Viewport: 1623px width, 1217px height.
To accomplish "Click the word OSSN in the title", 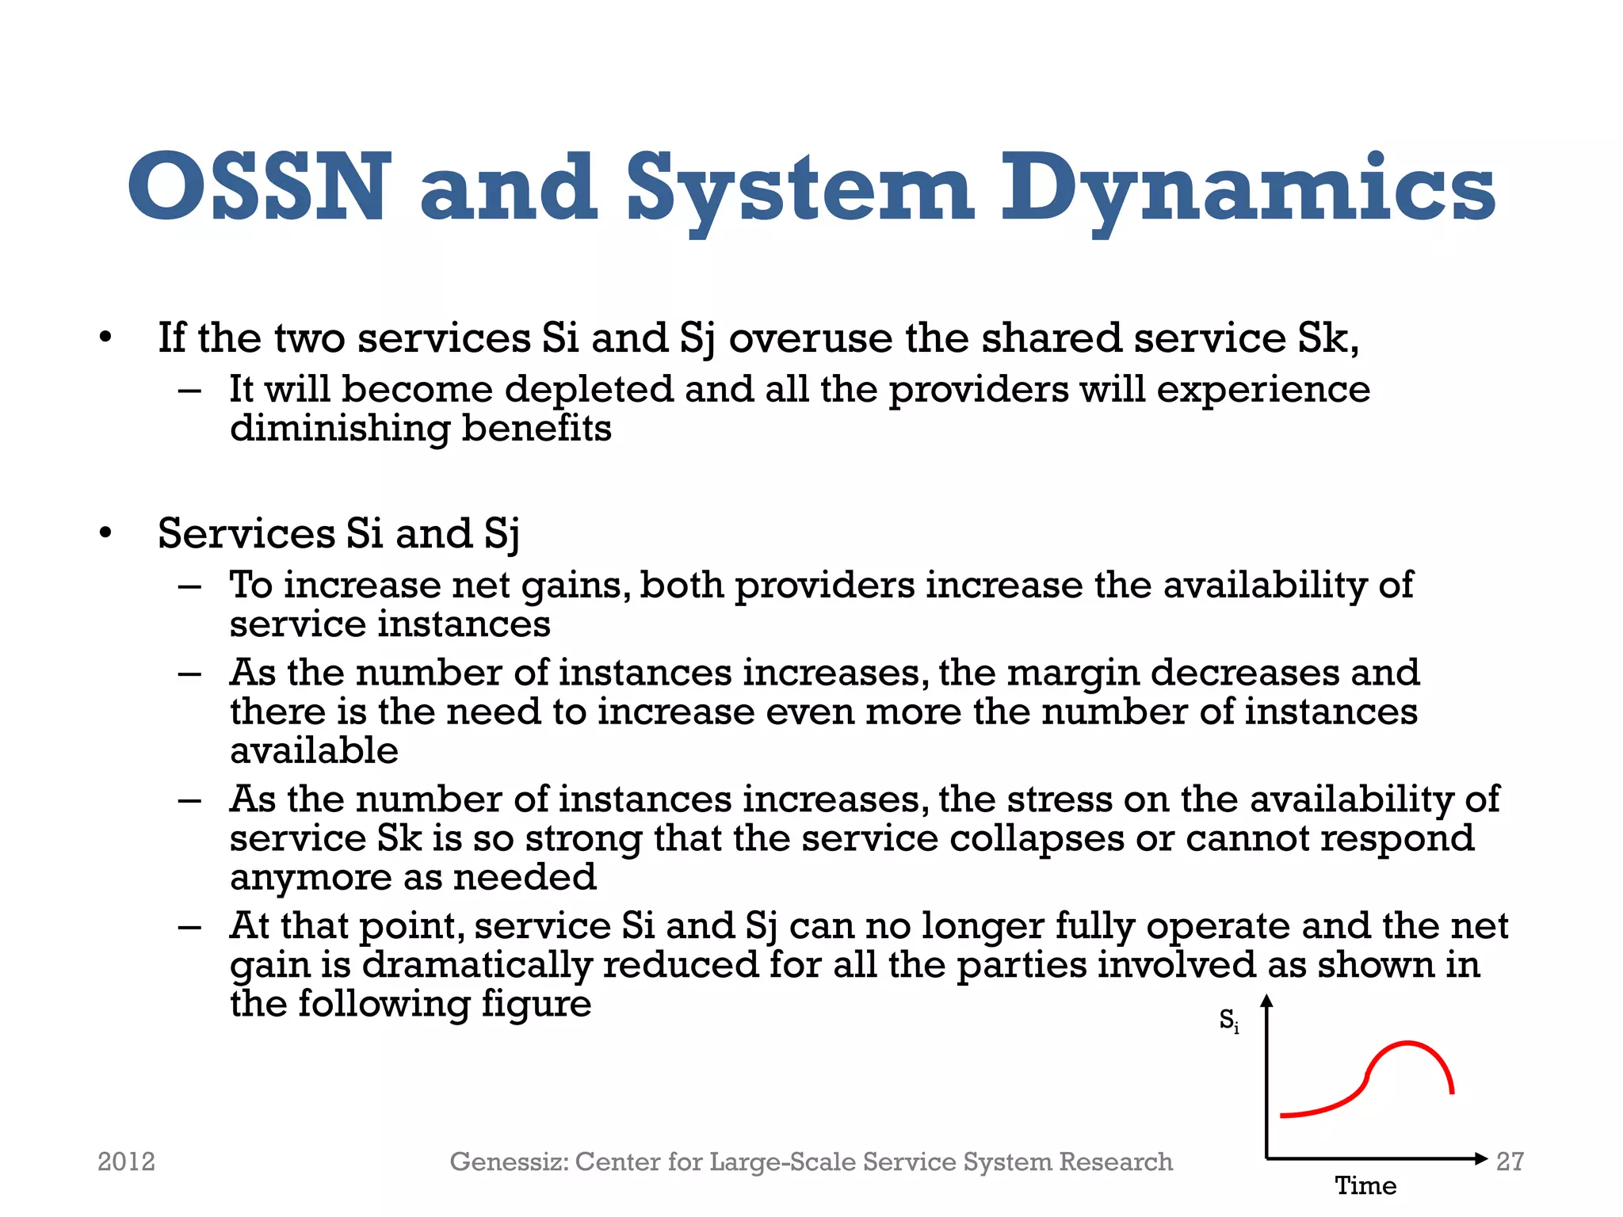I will [259, 188].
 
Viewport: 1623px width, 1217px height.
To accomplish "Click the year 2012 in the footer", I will [126, 1162].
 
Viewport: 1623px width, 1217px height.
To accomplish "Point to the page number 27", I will [1510, 1162].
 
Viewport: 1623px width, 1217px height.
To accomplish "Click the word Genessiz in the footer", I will [507, 1162].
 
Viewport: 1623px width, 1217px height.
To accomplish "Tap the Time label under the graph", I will [1365, 1186].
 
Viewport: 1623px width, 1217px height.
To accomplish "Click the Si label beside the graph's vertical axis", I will [1228, 1021].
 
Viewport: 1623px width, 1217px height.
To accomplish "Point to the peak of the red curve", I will [1409, 1043].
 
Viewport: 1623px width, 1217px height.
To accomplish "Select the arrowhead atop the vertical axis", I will [1266, 1002].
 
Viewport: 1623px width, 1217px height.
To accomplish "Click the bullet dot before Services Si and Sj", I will [105, 533].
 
